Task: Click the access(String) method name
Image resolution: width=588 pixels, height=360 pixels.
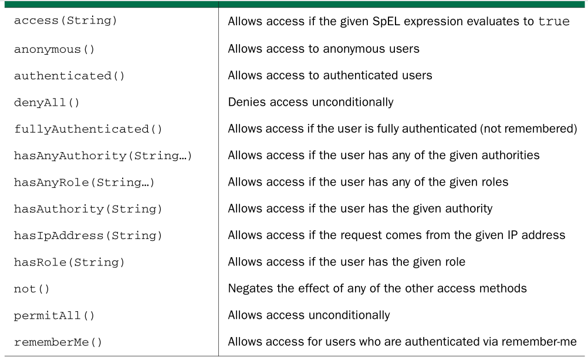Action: click(x=66, y=21)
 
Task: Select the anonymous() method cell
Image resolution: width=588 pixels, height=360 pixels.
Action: click(x=55, y=49)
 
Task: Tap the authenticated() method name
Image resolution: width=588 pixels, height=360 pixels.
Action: click(x=69, y=76)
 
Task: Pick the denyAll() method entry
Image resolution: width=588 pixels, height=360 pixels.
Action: click(x=47, y=103)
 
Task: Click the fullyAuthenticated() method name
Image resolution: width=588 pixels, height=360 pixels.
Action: click(x=88, y=129)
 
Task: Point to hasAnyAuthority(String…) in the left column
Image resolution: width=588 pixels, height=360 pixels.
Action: click(x=103, y=156)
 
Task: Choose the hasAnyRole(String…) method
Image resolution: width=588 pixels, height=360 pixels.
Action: click(x=85, y=183)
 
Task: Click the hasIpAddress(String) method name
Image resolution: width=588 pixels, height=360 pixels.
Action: click(x=88, y=235)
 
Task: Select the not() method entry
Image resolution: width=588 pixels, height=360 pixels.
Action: click(x=32, y=289)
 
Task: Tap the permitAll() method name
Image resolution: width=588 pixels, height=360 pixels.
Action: click(x=55, y=316)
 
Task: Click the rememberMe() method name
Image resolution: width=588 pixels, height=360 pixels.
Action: click(x=58, y=342)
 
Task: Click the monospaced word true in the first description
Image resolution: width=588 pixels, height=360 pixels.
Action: click(x=554, y=21)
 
